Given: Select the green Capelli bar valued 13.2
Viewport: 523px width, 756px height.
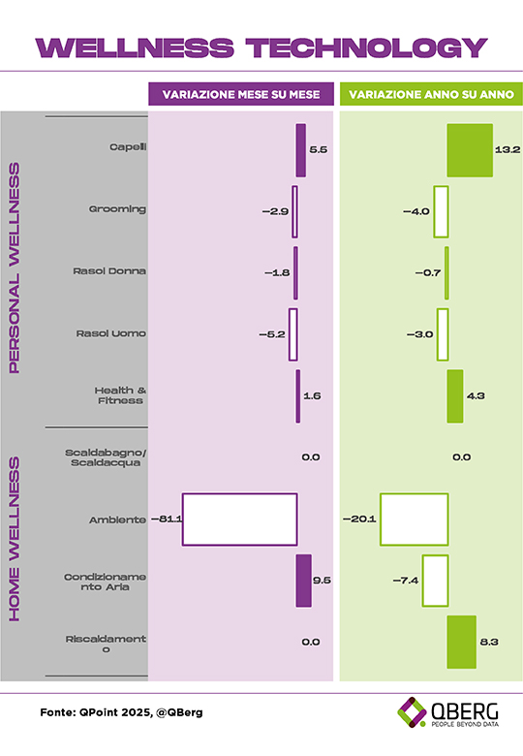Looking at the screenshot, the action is tap(470, 150).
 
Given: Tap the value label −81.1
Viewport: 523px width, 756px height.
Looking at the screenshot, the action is tap(167, 520).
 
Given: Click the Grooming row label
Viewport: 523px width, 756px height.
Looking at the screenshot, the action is tap(117, 209).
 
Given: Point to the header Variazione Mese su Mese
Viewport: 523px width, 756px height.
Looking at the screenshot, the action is tap(241, 95).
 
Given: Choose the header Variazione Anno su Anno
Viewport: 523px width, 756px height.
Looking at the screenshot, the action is tap(432, 95).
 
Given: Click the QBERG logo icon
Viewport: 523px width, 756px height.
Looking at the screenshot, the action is tap(412, 711).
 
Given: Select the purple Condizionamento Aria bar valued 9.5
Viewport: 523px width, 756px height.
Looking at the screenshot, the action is tap(303, 581).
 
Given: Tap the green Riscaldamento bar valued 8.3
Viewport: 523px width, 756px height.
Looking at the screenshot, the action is tap(461, 642).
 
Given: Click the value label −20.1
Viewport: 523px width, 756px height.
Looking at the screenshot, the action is tap(359, 520).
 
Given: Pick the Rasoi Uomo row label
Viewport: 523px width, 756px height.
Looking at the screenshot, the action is tap(110, 333).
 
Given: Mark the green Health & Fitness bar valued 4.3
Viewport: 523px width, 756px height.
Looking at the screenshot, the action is tap(455, 396).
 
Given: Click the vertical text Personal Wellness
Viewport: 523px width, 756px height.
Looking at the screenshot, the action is tap(15, 268).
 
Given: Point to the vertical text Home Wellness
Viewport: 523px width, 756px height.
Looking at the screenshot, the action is tap(15, 539).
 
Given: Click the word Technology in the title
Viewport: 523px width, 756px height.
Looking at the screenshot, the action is tap(367, 47).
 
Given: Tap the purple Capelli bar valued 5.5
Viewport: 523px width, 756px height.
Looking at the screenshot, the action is tap(300, 150).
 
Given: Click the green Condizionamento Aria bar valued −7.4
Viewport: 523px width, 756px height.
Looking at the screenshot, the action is tap(436, 581).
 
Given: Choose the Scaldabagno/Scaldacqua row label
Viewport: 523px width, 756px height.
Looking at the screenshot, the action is tap(106, 457).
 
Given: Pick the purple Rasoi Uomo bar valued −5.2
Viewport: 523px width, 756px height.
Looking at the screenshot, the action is tap(292, 334).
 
